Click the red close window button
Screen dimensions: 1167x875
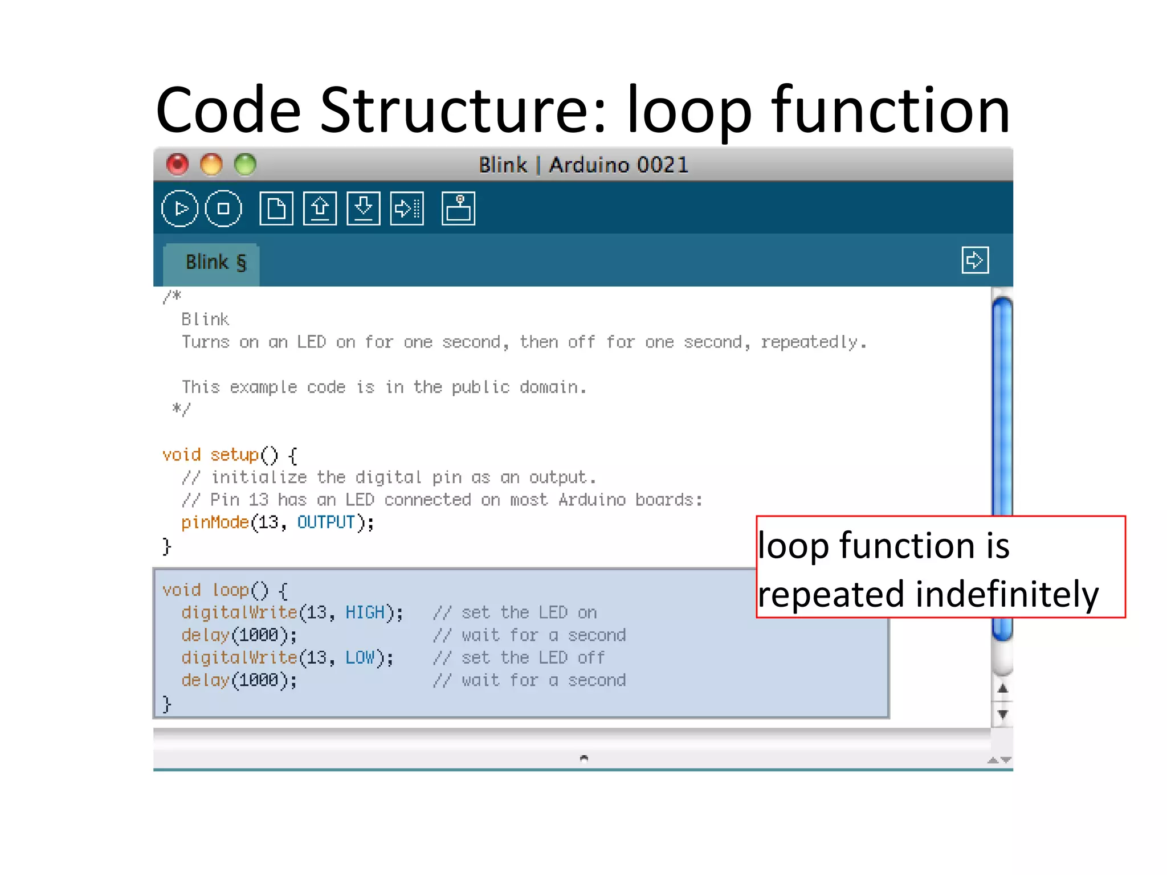(177, 165)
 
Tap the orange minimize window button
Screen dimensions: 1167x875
(211, 165)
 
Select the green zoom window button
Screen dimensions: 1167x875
(246, 165)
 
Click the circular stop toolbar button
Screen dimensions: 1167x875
(223, 208)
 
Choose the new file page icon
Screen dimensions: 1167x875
(276, 208)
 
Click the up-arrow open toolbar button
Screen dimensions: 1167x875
(320, 208)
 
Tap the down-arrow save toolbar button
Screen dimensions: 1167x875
(364, 208)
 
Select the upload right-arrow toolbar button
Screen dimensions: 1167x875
(407, 208)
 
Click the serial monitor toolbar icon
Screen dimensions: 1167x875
(458, 208)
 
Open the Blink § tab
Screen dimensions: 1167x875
(215, 263)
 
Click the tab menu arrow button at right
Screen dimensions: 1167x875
(974, 260)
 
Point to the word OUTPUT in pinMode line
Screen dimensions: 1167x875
(326, 522)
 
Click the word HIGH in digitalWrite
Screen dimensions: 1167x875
(365, 612)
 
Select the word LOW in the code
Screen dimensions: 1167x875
(360, 657)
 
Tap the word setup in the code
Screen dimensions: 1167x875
(234, 455)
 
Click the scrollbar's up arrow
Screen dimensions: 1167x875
(1003, 689)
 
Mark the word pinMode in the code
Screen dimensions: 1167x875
(215, 522)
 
